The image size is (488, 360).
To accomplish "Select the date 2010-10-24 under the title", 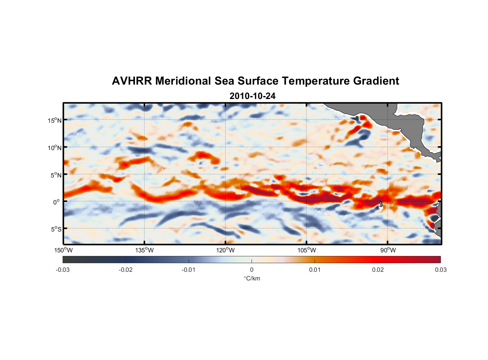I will tap(252, 96).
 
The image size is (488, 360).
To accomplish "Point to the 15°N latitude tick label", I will tap(55, 121).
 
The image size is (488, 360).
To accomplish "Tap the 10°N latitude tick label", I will tap(55, 148).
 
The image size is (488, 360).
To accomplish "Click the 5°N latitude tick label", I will tap(56, 175).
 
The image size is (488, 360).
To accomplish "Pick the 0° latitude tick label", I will tap(56, 202).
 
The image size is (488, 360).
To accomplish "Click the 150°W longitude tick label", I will tap(63, 250).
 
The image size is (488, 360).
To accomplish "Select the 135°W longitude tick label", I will tap(144, 250).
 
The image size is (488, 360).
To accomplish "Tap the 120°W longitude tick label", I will tap(225, 250).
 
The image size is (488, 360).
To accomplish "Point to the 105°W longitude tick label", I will tap(307, 250).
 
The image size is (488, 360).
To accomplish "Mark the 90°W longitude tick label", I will tap(388, 250).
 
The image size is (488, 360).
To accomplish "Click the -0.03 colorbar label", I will tap(63, 270).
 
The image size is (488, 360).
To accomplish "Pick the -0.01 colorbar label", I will tap(188, 270).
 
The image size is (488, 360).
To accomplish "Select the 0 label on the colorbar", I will tap(252, 270).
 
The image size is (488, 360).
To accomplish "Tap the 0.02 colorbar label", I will tap(378, 270).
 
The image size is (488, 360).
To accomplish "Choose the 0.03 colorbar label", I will tap(440, 270).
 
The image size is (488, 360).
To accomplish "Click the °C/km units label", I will tap(252, 278).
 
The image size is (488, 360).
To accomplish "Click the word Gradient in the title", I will tap(376, 81).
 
